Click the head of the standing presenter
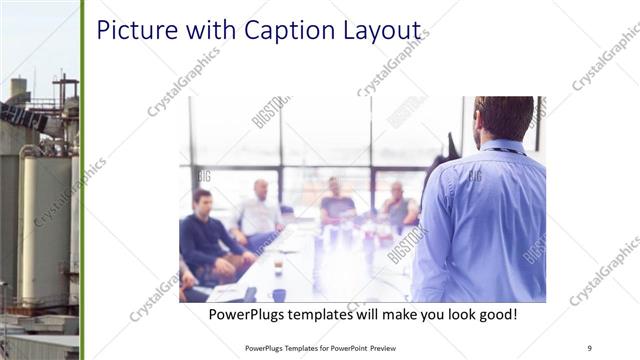coord(503,117)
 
